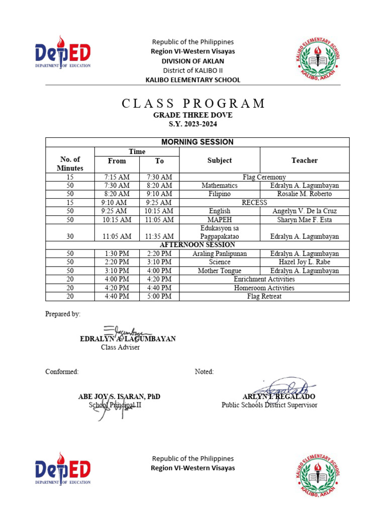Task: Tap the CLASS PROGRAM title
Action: click(194, 104)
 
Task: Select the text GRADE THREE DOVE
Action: click(193, 115)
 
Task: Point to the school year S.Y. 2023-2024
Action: click(193, 124)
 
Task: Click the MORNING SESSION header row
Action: click(197, 142)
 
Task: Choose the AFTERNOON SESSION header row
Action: click(197, 245)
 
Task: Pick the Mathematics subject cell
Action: click(219, 186)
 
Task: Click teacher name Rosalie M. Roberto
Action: click(304, 194)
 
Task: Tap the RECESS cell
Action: click(263, 203)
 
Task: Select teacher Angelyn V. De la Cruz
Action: click(304, 211)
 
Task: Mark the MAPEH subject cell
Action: click(219, 220)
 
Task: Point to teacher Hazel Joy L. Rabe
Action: click(304, 262)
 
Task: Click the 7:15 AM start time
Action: click(117, 177)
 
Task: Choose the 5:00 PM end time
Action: click(159, 296)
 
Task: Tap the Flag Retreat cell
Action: click(263, 296)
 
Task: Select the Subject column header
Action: click(219, 160)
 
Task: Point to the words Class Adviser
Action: click(120, 347)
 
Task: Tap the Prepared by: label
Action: click(63, 314)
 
